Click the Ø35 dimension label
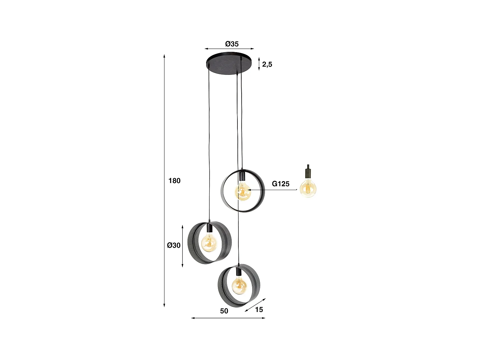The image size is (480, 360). (x=232, y=44)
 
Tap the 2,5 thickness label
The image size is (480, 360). (x=267, y=64)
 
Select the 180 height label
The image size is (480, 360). (x=174, y=181)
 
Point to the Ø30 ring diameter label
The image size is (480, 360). (x=174, y=245)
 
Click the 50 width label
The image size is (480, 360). (x=224, y=311)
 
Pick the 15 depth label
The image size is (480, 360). (x=259, y=309)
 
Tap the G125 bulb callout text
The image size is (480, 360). (x=281, y=184)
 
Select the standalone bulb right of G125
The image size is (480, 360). (x=308, y=188)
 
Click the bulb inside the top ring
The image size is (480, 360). (x=243, y=192)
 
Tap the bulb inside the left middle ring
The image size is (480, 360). (x=210, y=242)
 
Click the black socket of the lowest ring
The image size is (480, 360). (x=238, y=272)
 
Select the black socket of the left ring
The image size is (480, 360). (x=209, y=228)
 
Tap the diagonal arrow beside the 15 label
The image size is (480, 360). (x=255, y=305)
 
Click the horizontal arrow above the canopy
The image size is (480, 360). (x=229, y=49)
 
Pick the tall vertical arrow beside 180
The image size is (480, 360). (x=164, y=181)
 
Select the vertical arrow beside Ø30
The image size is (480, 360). (x=182, y=246)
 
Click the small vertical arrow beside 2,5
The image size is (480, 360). (x=259, y=64)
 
